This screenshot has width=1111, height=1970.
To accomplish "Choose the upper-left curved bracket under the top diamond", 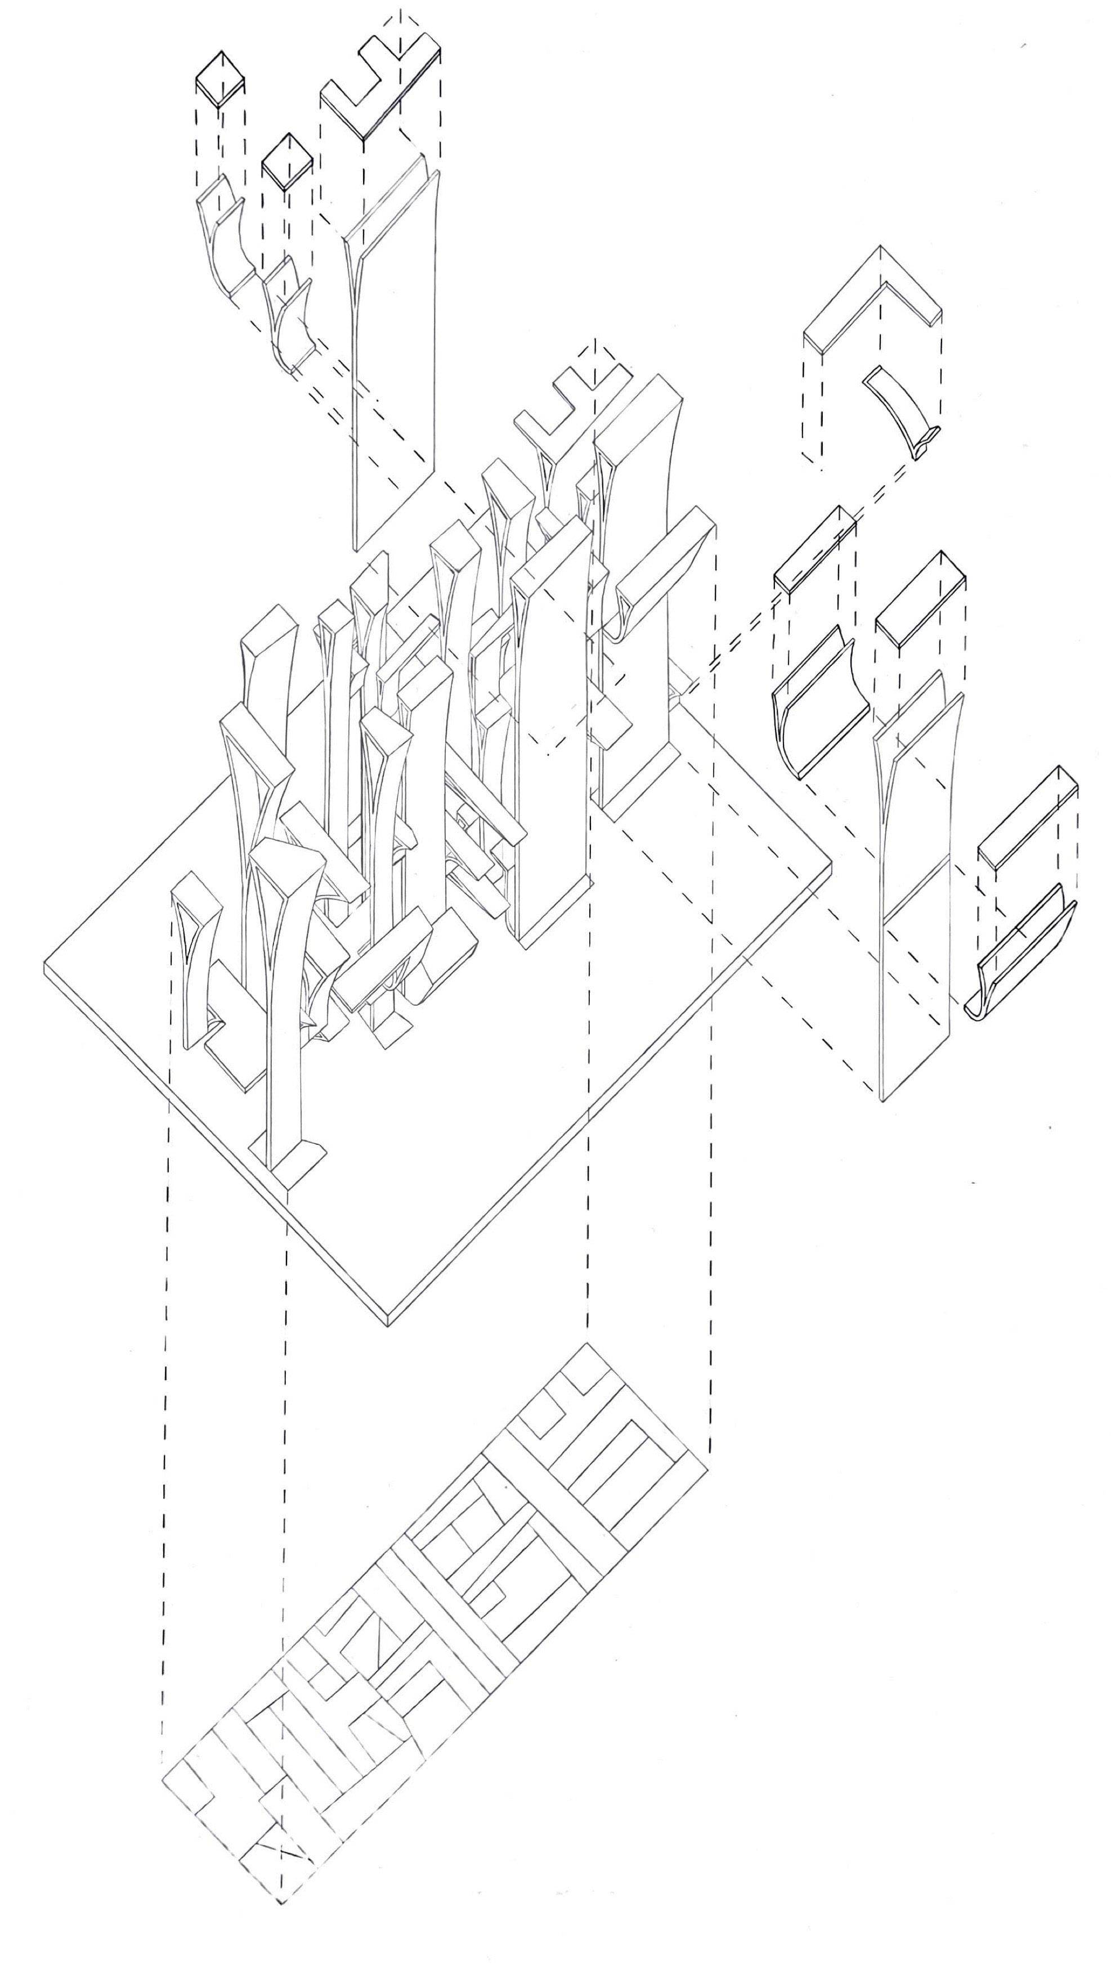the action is coord(222,237).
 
